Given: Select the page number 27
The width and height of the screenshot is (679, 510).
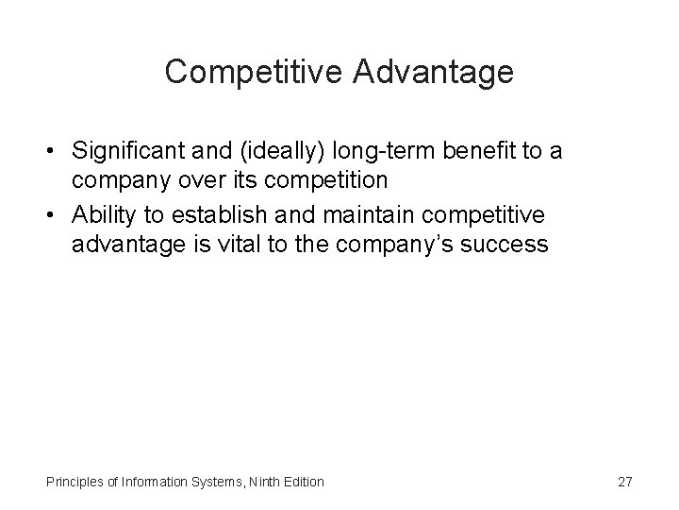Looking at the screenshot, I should [624, 482].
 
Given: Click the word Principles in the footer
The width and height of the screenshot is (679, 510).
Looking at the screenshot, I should [73, 482].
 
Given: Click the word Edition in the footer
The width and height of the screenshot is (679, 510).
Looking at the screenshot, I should [303, 482].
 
